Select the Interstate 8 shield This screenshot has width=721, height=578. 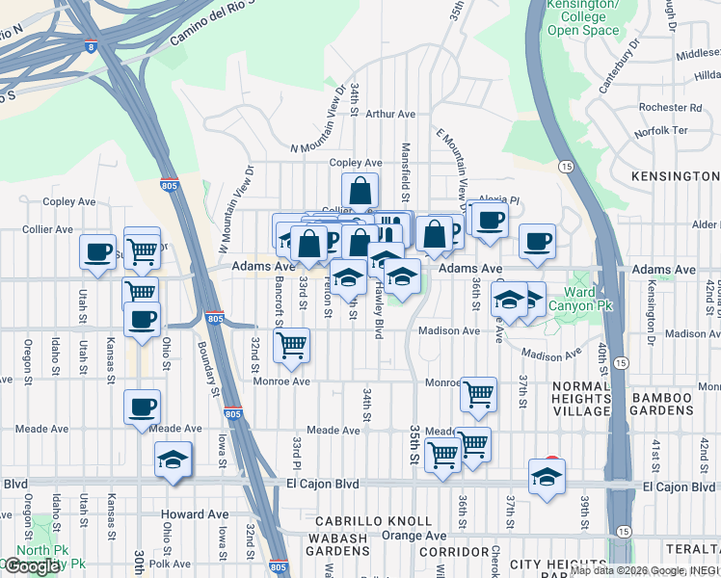[91, 45]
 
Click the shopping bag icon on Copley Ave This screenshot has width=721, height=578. [360, 192]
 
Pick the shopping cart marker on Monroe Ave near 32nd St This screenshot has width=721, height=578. [291, 344]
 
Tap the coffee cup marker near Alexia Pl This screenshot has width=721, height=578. [491, 220]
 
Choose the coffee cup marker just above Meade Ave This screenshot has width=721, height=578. [143, 407]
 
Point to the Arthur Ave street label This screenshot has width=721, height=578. [390, 114]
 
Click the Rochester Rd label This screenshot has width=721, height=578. [676, 108]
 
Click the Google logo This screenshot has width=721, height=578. [33, 566]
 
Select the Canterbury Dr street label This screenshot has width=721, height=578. [620, 66]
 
